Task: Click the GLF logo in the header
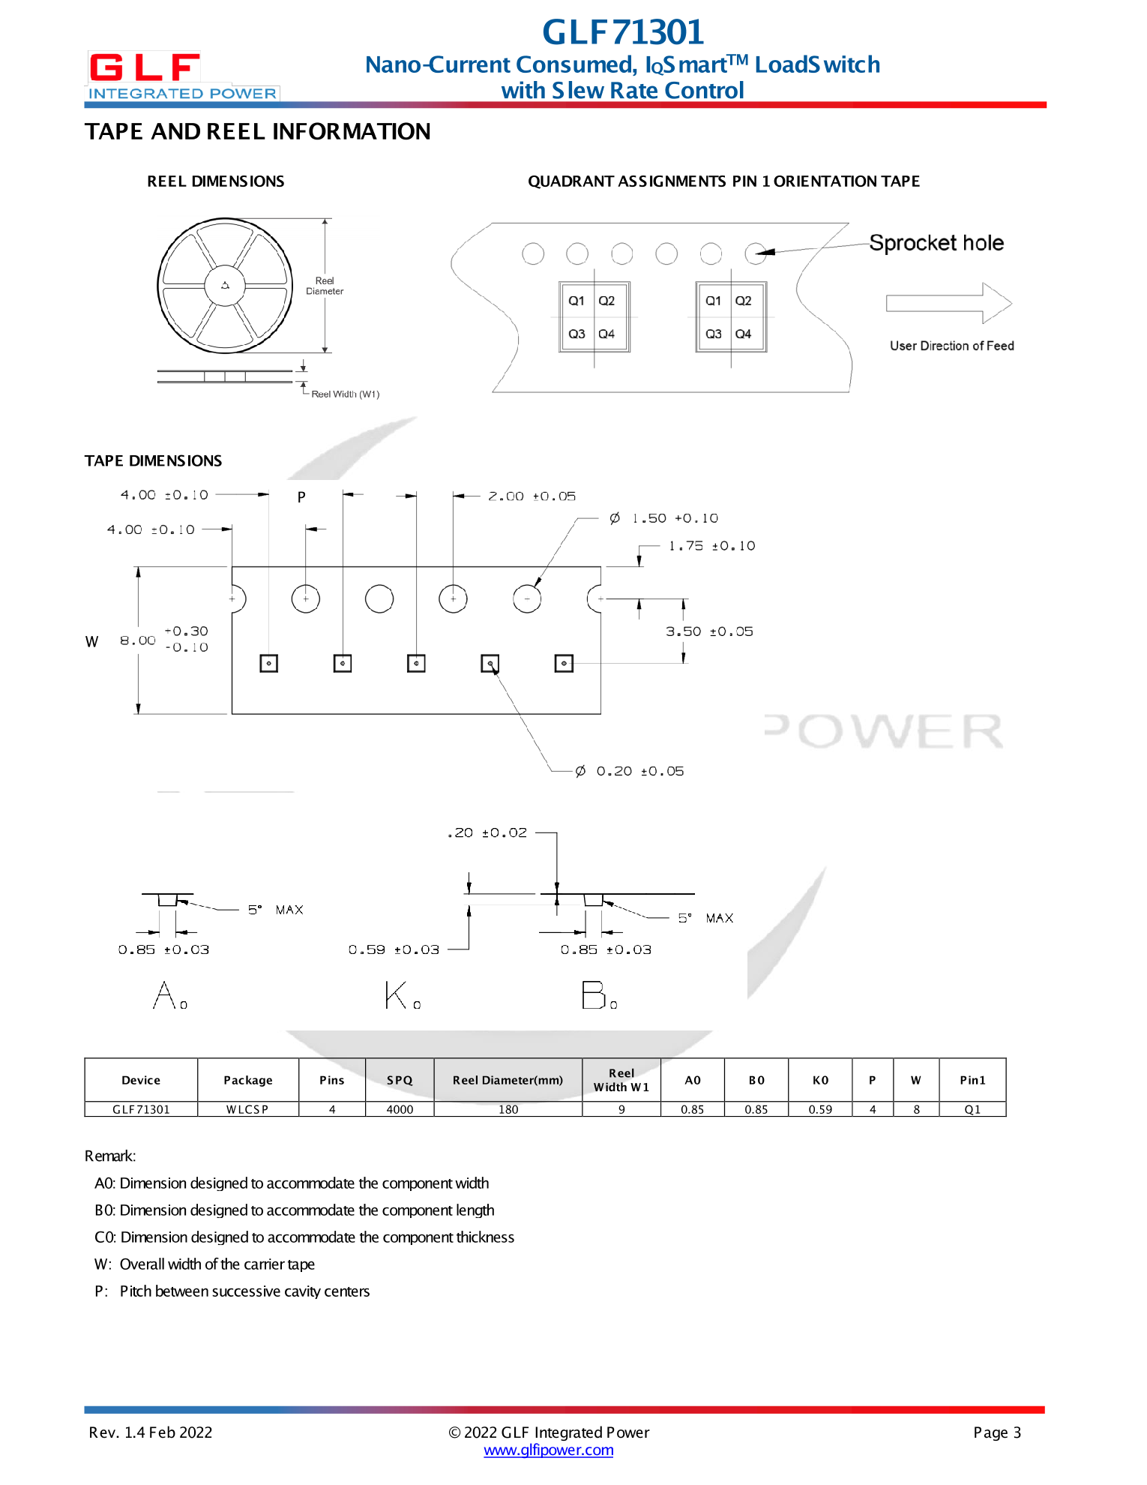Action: (182, 76)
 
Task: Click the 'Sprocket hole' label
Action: (936, 243)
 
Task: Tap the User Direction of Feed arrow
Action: (948, 303)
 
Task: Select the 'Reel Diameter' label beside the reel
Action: (325, 286)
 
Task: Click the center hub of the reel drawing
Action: (225, 286)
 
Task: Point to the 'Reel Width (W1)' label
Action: (345, 394)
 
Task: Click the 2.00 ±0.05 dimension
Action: (532, 496)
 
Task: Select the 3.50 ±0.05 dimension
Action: (709, 631)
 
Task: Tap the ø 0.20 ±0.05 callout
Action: (630, 771)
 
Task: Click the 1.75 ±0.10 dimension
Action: (711, 546)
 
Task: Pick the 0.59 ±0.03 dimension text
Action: (394, 949)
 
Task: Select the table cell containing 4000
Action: (400, 1109)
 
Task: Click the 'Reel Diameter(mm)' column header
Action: (508, 1080)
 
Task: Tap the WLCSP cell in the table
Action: (247, 1109)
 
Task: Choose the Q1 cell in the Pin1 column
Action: (972, 1109)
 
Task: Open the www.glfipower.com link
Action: (549, 1450)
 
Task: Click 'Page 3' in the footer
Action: (996, 1432)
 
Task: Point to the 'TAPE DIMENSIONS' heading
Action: (153, 460)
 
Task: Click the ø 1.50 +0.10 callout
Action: (664, 518)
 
